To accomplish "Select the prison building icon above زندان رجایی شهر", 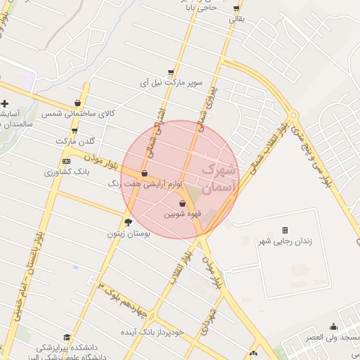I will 285,230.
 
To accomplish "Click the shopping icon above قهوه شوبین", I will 173,203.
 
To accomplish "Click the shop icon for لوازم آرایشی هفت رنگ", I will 145,173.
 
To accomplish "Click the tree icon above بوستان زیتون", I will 127,222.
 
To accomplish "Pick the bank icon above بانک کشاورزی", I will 66,161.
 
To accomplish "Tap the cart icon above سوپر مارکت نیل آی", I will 171,72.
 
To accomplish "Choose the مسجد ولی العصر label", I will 333,337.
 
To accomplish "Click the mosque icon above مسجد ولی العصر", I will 333,327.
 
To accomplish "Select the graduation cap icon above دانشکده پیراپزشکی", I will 67,337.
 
